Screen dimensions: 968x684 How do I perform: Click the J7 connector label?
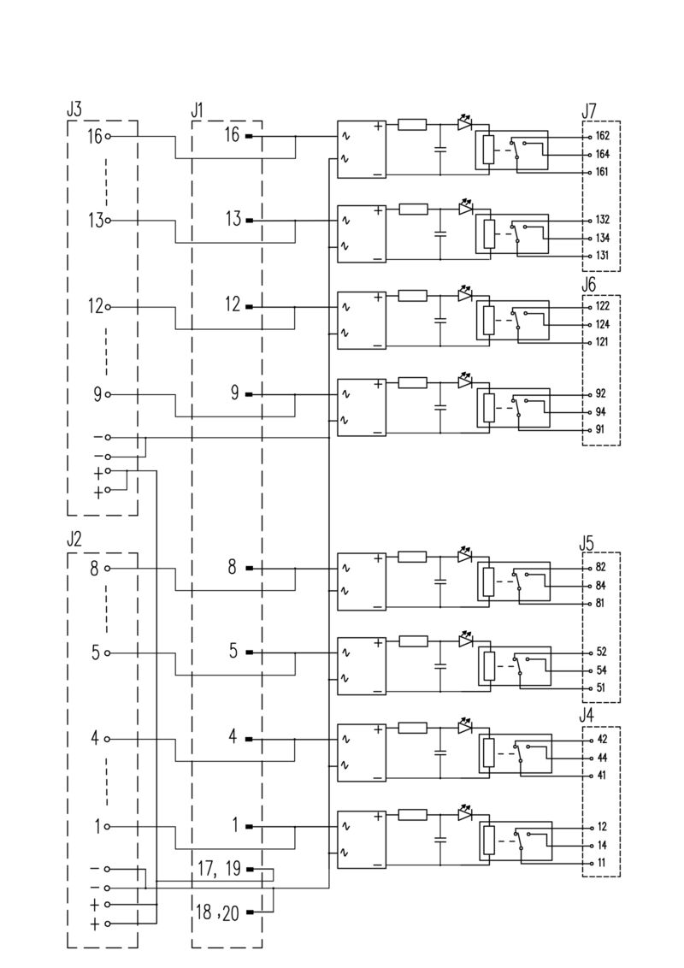pos(589,110)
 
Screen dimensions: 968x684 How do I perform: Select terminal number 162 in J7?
pos(602,137)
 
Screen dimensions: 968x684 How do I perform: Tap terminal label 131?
pos(602,256)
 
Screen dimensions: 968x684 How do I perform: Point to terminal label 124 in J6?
pos(602,324)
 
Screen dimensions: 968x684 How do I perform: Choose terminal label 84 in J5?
pos(600,586)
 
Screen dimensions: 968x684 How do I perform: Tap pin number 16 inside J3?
pos(94,136)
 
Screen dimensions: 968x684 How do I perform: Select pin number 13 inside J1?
pos(233,220)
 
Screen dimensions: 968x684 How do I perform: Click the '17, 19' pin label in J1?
pos(220,870)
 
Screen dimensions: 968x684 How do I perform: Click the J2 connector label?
pos(74,540)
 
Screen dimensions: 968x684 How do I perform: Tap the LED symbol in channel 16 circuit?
pos(465,123)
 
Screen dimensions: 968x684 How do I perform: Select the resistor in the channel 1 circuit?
pos(413,814)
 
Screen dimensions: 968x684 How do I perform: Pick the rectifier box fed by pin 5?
pos(362,665)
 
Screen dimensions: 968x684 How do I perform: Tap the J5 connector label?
pos(587,542)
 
